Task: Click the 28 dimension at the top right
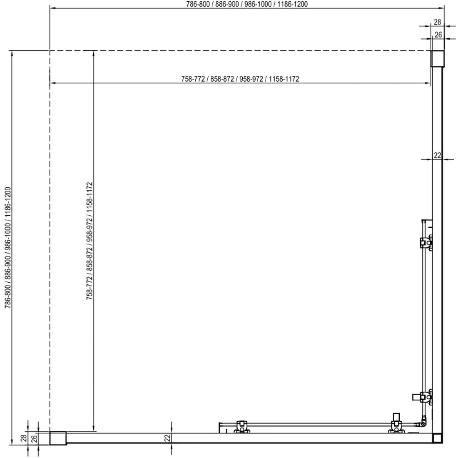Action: [437, 22]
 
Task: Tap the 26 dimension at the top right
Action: [438, 35]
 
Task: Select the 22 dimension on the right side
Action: [437, 155]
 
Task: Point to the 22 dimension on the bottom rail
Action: [167, 438]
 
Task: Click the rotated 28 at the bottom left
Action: [24, 438]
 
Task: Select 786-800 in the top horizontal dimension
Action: [198, 4]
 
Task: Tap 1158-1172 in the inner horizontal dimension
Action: [284, 79]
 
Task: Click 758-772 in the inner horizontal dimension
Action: [193, 79]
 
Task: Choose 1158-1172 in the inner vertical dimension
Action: [90, 198]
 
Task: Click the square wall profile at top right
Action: [438, 59]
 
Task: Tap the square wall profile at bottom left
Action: [58, 438]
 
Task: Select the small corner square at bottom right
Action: [437, 438]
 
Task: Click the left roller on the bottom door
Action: [241, 426]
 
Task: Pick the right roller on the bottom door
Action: [396, 423]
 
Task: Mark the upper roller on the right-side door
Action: [426, 242]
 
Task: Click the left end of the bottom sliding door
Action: [220, 427]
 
